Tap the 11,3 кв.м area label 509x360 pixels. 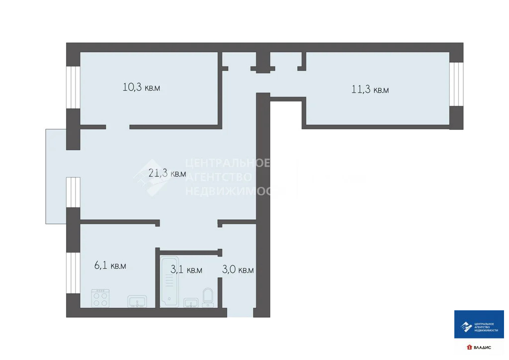click(x=370, y=90)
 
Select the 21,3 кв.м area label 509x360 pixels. click(x=168, y=174)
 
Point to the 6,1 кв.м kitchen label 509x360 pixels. click(x=110, y=266)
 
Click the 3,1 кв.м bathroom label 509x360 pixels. click(x=186, y=270)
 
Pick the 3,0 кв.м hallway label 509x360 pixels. click(x=238, y=270)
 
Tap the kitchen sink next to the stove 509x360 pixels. click(x=137, y=301)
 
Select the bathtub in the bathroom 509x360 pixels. click(x=169, y=281)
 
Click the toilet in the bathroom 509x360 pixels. click(x=208, y=296)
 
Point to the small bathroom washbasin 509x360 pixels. click(x=190, y=302)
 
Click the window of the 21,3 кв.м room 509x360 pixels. click(x=73, y=192)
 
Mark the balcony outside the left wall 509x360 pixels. click(x=56, y=177)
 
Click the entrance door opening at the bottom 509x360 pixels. click(x=240, y=312)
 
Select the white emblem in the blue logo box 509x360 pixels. click(x=466, y=326)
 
